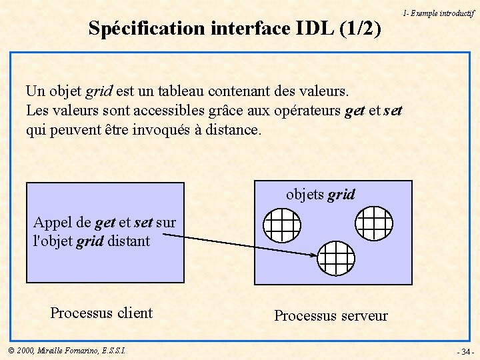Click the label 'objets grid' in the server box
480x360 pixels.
click(321, 195)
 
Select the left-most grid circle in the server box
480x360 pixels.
click(282, 225)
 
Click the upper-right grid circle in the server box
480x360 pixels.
click(373, 223)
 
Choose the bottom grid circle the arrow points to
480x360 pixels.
click(335, 257)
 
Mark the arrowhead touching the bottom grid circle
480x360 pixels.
click(313, 254)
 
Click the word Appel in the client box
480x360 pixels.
click(53, 223)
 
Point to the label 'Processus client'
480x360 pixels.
click(101, 313)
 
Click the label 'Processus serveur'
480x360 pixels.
click(331, 315)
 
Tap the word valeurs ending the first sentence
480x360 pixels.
click(325, 90)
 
